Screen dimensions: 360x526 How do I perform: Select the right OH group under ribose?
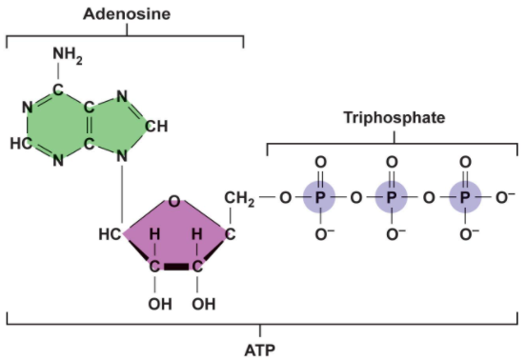point(203,305)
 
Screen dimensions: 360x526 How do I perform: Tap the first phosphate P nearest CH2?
point(320,198)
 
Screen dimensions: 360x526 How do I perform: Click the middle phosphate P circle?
point(392,198)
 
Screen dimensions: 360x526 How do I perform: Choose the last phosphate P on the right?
point(464,198)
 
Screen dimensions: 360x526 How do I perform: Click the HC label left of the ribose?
point(110,233)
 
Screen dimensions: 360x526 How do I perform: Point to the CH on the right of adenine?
point(158,125)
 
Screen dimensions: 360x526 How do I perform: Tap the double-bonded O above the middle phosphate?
point(392,162)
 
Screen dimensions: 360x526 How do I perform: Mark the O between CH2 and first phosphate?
point(284,198)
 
